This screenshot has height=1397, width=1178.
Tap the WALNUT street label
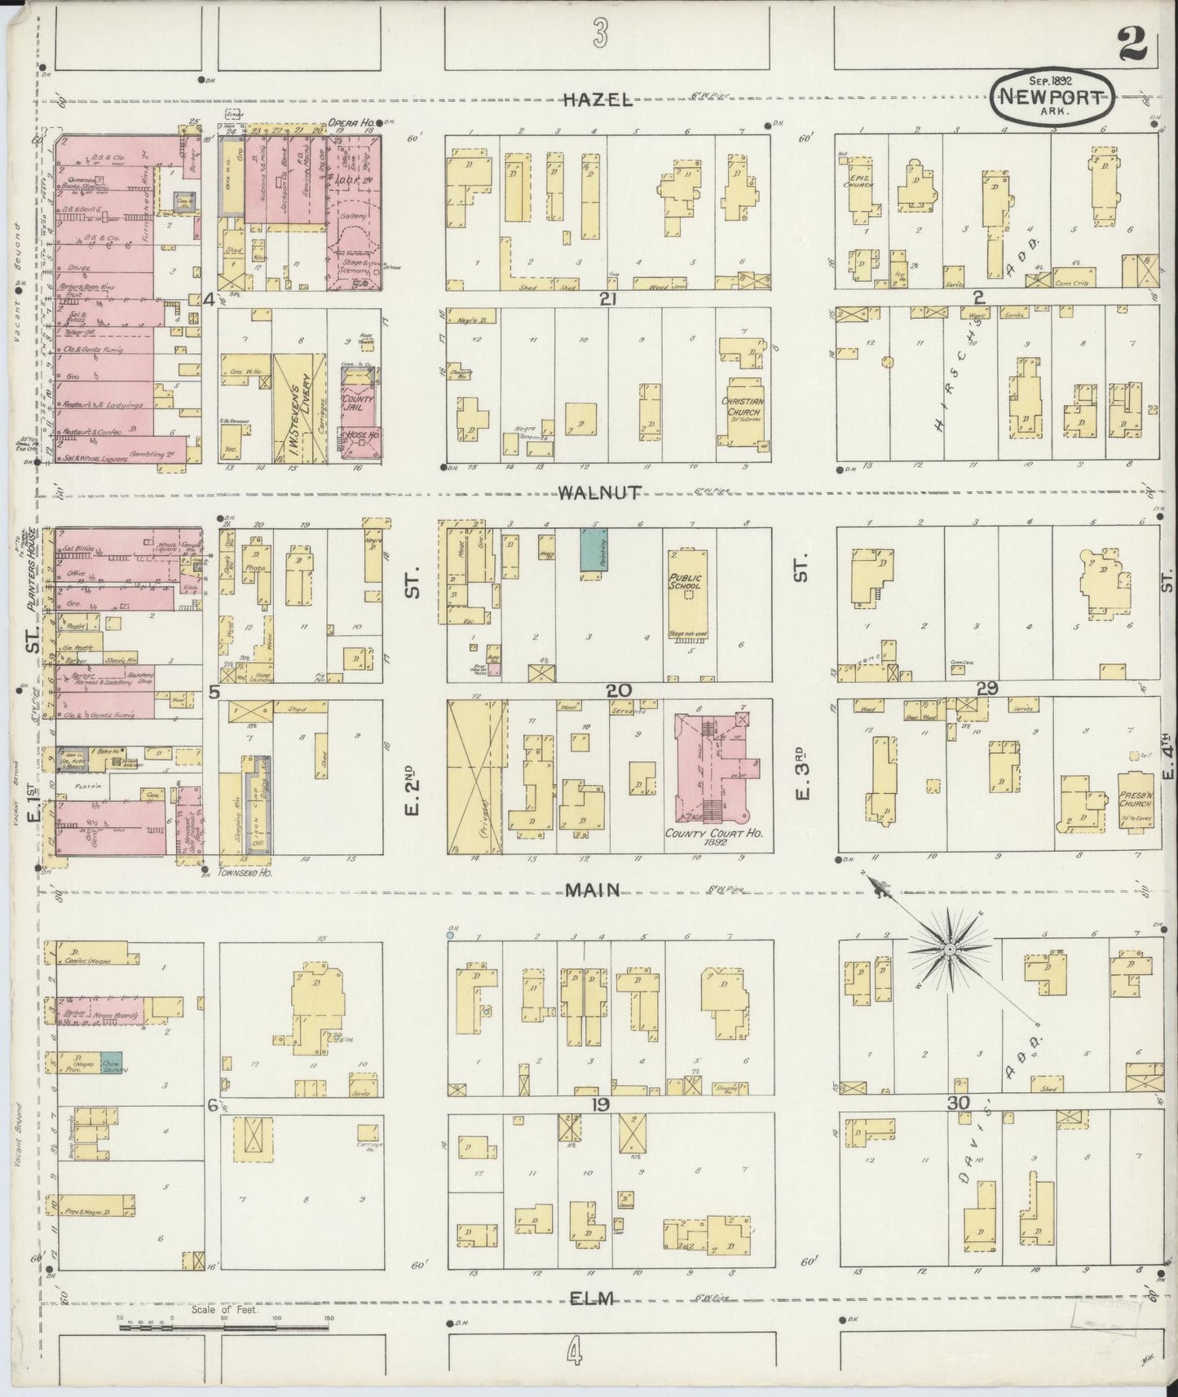tap(600, 492)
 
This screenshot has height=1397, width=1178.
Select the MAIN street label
tap(593, 891)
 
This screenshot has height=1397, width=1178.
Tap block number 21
tap(607, 299)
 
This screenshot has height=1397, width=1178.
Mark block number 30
tap(957, 1104)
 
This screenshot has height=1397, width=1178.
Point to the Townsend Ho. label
tap(245, 871)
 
